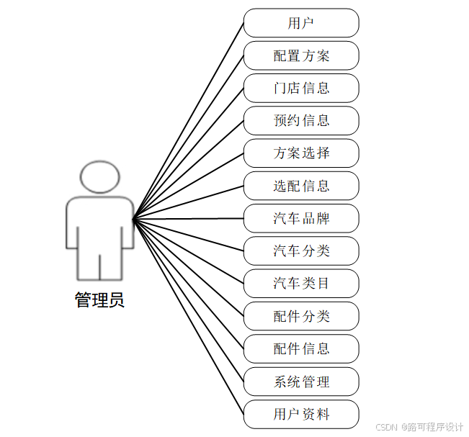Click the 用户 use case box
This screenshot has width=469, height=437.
click(301, 23)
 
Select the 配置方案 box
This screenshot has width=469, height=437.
click(301, 55)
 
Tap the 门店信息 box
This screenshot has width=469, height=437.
click(301, 88)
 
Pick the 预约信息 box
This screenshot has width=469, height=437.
click(301, 120)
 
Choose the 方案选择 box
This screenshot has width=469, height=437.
click(301, 153)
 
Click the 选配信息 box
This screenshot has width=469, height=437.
click(301, 186)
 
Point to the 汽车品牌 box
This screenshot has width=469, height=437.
click(301, 218)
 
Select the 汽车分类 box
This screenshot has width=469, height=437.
click(301, 251)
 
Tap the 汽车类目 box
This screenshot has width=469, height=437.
click(301, 284)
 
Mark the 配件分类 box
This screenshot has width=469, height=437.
click(301, 316)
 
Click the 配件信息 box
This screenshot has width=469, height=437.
click(301, 348)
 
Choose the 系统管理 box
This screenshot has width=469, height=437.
click(301, 382)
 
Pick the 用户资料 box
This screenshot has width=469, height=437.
click(301, 414)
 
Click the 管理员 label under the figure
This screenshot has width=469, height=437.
click(99, 300)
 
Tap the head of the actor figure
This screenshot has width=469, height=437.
click(99, 177)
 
